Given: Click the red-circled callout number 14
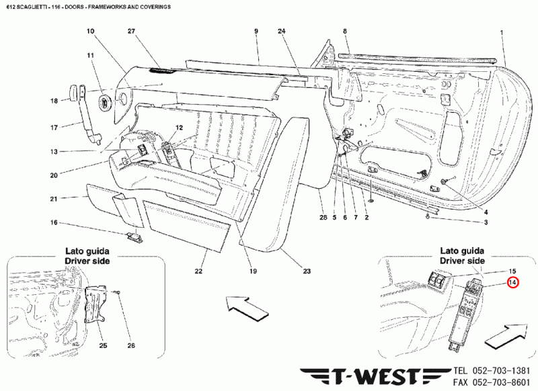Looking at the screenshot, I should click(x=512, y=283).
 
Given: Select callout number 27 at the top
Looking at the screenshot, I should click(x=131, y=32).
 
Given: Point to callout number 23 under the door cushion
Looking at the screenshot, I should click(x=307, y=271).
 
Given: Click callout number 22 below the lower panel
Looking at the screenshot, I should click(x=199, y=271).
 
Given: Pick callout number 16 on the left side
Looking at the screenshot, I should click(x=54, y=222).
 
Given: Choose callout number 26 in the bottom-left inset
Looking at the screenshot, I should click(x=130, y=345).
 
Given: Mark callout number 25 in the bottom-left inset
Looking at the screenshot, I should click(x=103, y=345).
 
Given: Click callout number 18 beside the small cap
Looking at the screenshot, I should click(x=54, y=101).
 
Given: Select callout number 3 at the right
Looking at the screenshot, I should click(x=486, y=222).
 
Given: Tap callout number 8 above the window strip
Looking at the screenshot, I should click(x=344, y=32).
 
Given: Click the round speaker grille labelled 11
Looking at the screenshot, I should click(x=106, y=103).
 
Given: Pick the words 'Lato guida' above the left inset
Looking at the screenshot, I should click(x=87, y=251).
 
